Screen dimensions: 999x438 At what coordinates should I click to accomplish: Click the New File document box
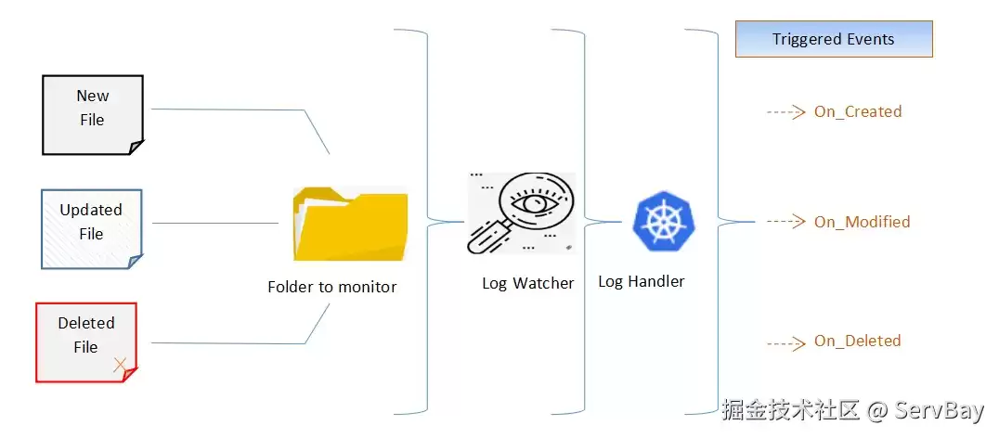[93, 114]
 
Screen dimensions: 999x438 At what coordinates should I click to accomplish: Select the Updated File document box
[92, 228]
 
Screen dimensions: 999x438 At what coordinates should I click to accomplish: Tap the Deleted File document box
[86, 341]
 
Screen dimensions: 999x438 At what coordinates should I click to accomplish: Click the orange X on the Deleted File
[119, 365]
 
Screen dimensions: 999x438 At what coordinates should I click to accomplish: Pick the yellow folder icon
[350, 224]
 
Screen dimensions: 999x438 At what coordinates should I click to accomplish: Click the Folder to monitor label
[332, 287]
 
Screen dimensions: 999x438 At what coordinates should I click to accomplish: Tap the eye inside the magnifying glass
[528, 203]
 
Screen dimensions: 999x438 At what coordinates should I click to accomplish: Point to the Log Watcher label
[527, 283]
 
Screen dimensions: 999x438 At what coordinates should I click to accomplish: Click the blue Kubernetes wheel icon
[663, 220]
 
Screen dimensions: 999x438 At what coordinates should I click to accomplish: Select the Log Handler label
[641, 281]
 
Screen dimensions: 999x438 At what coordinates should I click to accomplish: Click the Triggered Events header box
[834, 39]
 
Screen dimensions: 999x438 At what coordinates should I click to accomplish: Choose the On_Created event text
[858, 112]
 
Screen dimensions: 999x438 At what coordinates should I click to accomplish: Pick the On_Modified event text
[862, 222]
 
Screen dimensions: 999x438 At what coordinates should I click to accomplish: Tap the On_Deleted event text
[858, 341]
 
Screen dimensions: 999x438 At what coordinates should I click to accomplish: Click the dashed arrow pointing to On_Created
[786, 112]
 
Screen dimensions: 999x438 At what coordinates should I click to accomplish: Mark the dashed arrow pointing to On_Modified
[786, 222]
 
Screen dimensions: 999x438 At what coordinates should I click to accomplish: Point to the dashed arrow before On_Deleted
[786, 343]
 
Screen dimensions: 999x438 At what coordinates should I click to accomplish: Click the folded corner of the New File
[136, 148]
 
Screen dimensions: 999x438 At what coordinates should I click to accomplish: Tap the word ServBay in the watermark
[939, 411]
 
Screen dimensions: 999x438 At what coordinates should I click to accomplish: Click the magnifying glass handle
[487, 238]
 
